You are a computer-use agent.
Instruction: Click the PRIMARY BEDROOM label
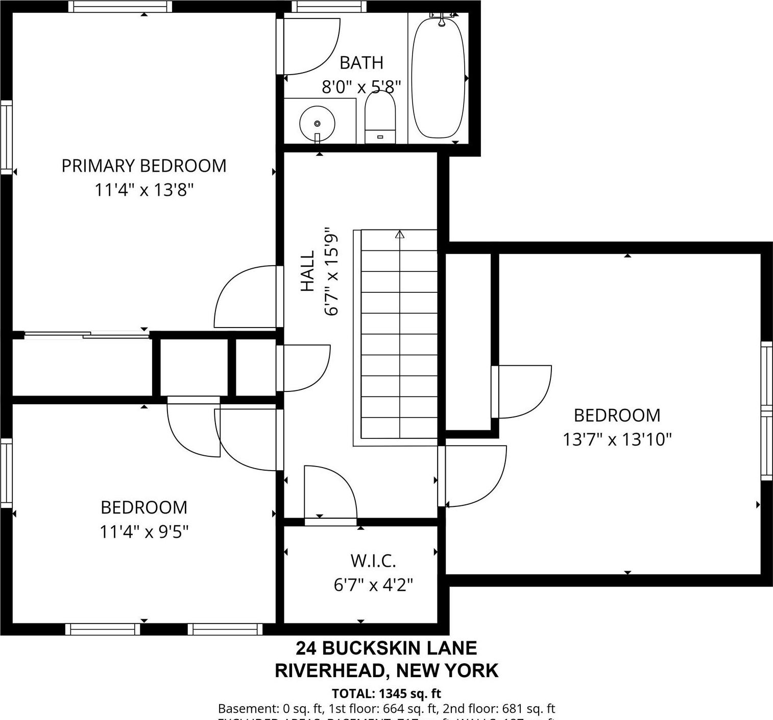pos(143,166)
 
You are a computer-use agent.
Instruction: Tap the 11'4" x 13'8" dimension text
pos(143,190)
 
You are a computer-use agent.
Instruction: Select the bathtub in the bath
pos(438,78)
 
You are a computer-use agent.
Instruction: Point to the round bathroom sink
pos(317,123)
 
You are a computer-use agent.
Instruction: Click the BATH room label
pos(361,63)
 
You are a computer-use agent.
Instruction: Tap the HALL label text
pos(307,271)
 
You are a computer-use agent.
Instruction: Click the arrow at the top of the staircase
pos(400,235)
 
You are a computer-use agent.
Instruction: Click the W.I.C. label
pos(373,561)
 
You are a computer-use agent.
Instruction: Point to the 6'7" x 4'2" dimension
pos(373,584)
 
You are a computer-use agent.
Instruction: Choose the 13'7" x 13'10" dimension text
pos(617,439)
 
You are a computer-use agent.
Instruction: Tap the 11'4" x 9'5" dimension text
pos(143,532)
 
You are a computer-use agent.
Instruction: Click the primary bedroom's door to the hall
pos(245,296)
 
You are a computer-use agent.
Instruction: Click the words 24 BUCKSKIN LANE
pos(386,648)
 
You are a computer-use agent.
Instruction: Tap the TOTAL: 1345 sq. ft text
pos(386,693)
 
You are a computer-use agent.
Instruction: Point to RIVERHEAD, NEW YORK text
pos(386,670)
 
